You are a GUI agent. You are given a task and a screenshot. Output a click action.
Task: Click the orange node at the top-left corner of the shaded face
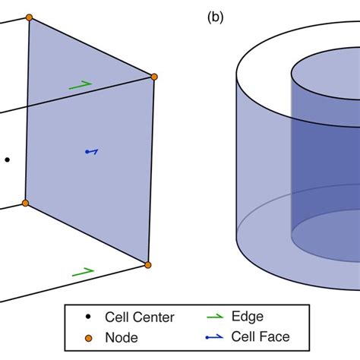29,17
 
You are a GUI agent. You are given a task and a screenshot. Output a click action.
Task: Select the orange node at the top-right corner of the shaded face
154,77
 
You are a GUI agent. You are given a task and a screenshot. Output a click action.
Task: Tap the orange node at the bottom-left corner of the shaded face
24,204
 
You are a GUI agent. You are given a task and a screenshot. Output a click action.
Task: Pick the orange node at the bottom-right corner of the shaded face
147,264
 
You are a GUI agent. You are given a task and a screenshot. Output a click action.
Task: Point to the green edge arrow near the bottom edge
82,270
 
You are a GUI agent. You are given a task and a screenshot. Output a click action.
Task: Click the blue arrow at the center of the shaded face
91,152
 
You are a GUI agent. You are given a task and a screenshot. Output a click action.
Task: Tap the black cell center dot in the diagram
7,159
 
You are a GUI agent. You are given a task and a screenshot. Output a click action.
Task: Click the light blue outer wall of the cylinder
262,167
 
